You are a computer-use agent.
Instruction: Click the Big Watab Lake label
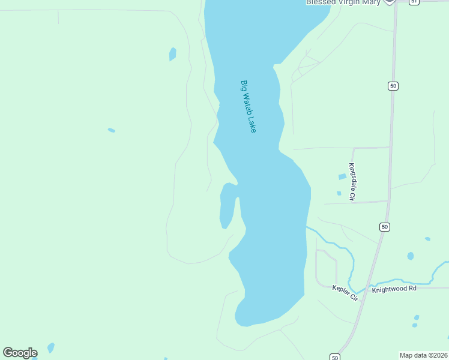tap(249, 106)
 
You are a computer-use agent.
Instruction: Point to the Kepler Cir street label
tap(345, 293)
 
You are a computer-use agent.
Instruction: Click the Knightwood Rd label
tap(394, 289)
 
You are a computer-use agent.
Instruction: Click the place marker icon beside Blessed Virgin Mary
tap(389, 2)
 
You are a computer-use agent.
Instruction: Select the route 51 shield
tap(414, 2)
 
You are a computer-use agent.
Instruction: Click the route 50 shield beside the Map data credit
tap(335, 356)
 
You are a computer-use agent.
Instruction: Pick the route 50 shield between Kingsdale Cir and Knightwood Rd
tap(384, 227)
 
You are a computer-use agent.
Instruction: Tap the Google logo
tap(20, 353)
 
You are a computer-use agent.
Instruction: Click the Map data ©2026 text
tap(424, 355)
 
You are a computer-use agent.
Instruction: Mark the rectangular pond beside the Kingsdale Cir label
tap(342, 176)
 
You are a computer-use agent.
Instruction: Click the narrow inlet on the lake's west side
tap(227, 207)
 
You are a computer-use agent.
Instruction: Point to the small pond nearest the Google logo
tap(51, 347)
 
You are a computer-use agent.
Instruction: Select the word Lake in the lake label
tap(252, 124)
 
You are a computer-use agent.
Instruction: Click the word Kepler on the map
tap(340, 290)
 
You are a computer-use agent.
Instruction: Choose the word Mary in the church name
tap(371, 2)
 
